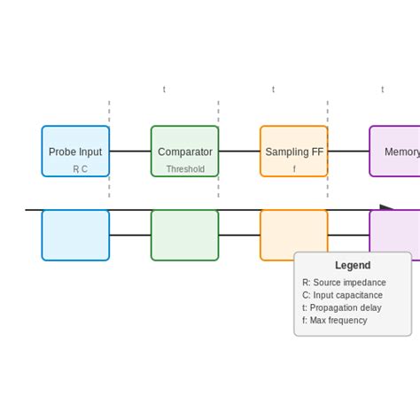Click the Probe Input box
(75, 146)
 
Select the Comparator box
(184, 146)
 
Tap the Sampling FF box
(293, 146)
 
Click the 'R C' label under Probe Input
(80, 169)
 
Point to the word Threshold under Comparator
(185, 169)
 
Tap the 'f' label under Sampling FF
(294, 169)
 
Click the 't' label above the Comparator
(164, 89)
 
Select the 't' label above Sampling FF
(273, 89)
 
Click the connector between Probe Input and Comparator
(130, 152)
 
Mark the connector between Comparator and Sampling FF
(239, 152)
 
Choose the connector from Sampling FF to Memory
(348, 152)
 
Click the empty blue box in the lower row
(75, 236)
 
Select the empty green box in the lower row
(184, 236)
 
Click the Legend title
(353, 265)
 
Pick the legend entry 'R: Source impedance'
(344, 283)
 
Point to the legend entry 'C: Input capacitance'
(342, 295)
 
